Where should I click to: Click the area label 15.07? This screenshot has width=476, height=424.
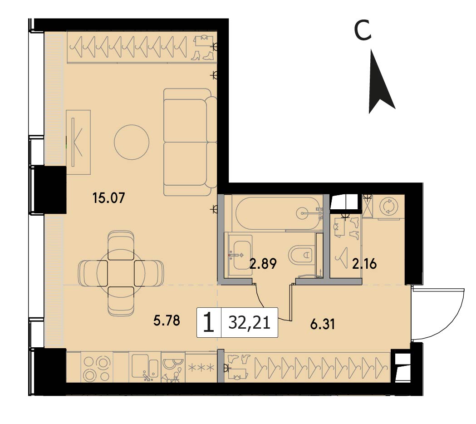click(109, 198)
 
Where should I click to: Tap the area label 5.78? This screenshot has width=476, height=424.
click(167, 320)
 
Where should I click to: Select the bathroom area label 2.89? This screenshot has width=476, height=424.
click(263, 264)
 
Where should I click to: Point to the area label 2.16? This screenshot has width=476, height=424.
click(364, 264)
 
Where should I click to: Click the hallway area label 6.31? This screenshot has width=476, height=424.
click(322, 324)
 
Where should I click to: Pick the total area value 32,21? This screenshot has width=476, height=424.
click(250, 323)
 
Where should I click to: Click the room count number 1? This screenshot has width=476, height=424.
click(209, 323)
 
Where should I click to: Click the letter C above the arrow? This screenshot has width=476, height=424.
click(363, 30)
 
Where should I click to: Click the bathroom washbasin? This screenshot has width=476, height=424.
click(239, 255)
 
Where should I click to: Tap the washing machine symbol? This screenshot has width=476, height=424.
click(388, 207)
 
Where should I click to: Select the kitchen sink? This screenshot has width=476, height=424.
click(145, 367)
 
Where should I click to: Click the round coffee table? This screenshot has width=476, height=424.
click(132, 143)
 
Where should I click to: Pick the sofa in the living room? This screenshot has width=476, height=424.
click(190, 142)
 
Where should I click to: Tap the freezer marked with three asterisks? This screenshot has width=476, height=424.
click(201, 368)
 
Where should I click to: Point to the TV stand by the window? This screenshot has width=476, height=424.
click(79, 142)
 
